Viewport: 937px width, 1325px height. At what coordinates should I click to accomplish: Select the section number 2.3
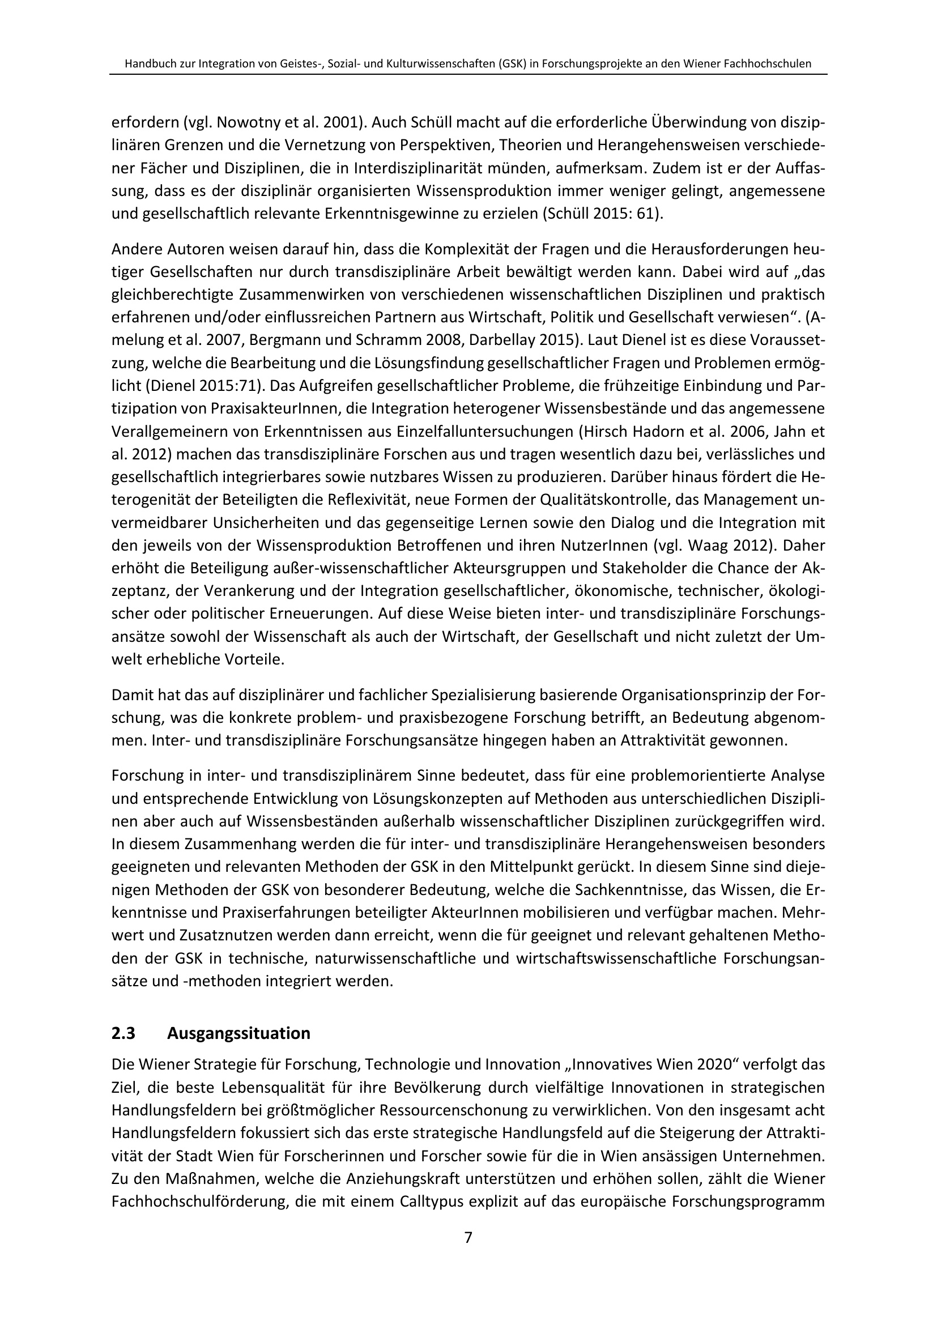click(123, 1033)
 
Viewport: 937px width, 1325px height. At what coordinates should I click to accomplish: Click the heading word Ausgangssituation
click(238, 1033)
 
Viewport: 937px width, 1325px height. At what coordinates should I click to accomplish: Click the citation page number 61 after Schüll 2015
click(648, 214)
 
